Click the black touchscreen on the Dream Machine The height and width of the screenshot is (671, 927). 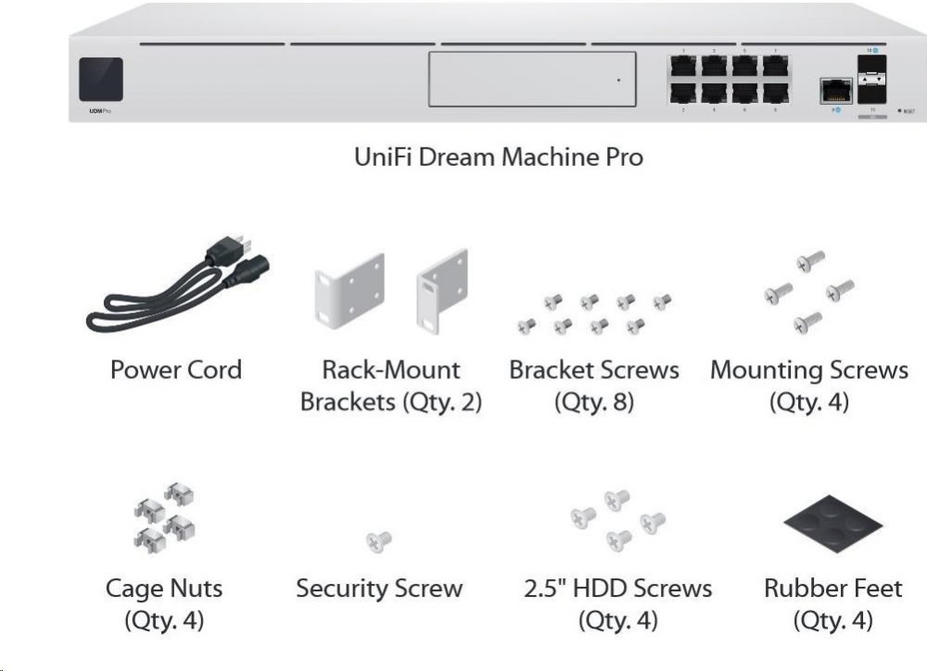[x=101, y=78]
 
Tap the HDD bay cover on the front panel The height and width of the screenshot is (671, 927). [x=532, y=79]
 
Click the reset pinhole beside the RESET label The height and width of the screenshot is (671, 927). [x=897, y=111]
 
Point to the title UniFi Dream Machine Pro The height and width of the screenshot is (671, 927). [x=499, y=157]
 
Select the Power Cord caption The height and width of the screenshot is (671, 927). [x=176, y=370]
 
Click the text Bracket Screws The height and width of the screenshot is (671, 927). [x=593, y=370]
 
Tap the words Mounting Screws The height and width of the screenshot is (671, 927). [x=808, y=371]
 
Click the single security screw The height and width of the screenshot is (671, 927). [x=378, y=540]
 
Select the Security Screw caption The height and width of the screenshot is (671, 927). [x=378, y=588]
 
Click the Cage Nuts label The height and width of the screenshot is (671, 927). [x=164, y=588]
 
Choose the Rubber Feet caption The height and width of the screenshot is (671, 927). [x=832, y=588]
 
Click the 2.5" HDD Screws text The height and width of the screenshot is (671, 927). [x=617, y=588]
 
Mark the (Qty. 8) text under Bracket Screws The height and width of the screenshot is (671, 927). [x=593, y=402]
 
